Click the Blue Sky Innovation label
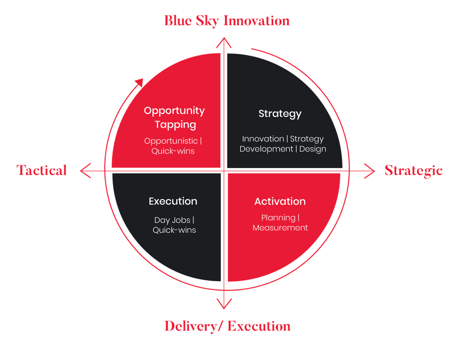227,21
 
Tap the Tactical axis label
42,170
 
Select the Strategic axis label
413,170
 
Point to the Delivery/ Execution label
228,326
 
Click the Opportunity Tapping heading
174,117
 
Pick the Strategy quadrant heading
280,114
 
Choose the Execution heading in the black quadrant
173,201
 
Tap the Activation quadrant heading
280,201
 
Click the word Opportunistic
171,141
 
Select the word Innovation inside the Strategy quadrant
263,139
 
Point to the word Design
313,149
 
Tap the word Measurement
280,228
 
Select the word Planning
278,218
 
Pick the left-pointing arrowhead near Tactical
84,171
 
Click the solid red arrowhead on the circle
139,83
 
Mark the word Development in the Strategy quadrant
266,149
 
